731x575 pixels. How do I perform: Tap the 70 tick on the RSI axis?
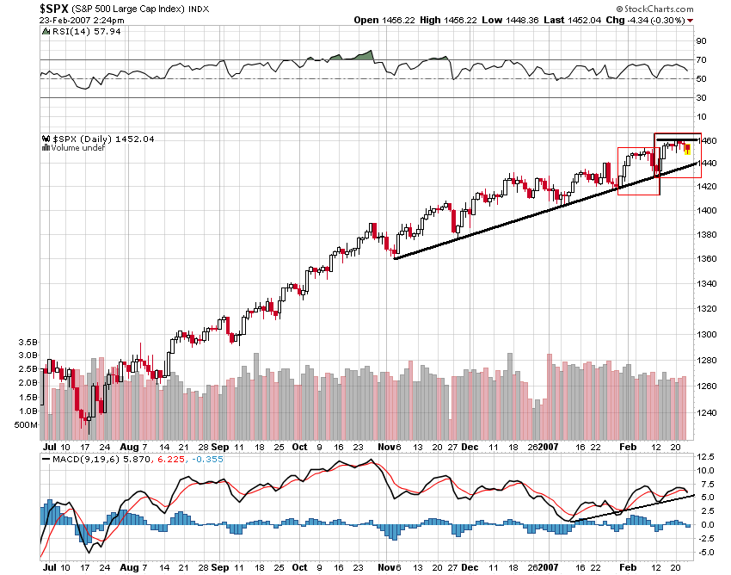tap(701, 60)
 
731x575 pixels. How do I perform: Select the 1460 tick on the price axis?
tap(705, 139)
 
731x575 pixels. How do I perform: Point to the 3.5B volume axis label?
tap(28, 342)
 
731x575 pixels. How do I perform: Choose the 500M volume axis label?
tap(27, 425)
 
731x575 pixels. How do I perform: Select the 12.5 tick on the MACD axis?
tap(705, 456)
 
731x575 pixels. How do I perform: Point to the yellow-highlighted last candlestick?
tap(687, 150)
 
